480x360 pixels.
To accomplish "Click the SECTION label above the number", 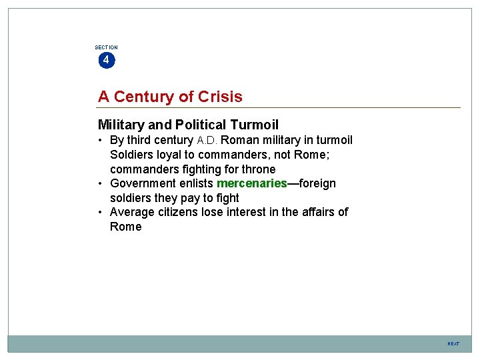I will tap(106, 47).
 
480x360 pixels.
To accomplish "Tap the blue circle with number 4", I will tap(106, 61).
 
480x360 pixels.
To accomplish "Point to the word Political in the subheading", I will tap(201, 125).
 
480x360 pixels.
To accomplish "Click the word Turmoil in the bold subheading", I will tap(254, 125).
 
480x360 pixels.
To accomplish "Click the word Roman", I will tap(239, 140).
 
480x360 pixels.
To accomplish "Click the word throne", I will tap(258, 169).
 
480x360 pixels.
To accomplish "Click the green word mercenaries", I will tap(251, 183).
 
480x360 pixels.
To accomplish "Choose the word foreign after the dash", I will tap(317, 183).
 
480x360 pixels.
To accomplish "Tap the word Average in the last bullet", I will tap(131, 212).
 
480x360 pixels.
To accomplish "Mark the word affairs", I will tap(315, 212).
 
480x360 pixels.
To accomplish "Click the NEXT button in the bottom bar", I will tap(453, 344).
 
